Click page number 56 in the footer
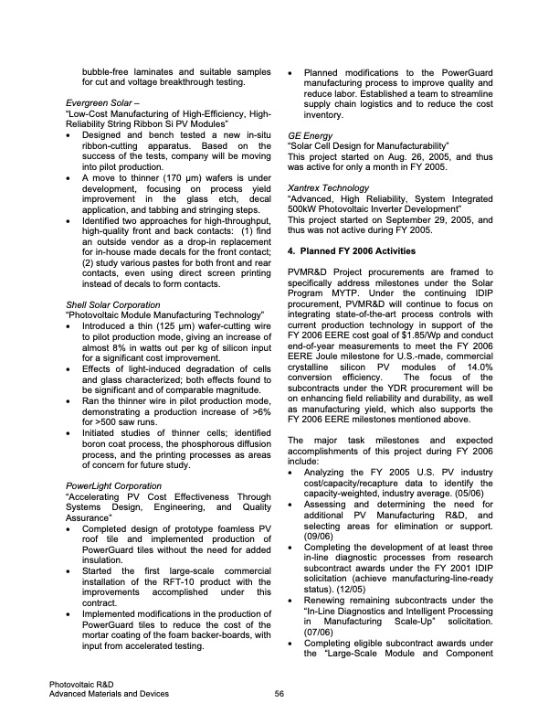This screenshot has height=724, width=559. [279, 693]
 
